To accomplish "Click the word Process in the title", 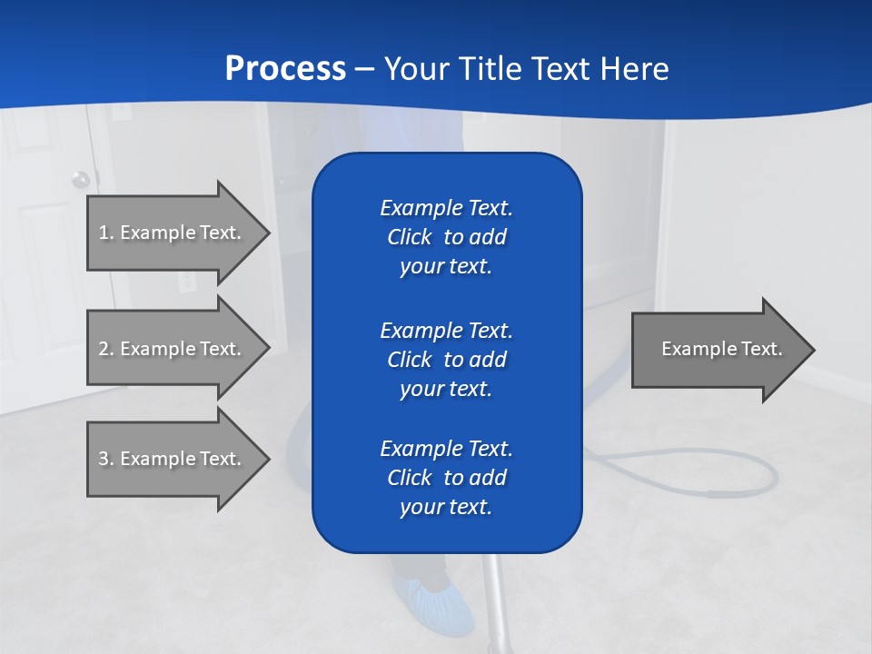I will tap(285, 69).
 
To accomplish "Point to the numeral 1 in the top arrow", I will tap(104, 233).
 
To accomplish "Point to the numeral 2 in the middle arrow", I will tap(104, 349).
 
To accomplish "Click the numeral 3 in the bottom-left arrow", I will tap(104, 459).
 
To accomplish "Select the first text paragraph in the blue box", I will tap(446, 237).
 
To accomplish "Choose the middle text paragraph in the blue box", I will tap(446, 360).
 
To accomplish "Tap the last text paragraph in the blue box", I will tap(446, 478).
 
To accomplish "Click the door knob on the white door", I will tap(81, 178).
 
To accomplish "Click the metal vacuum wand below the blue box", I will tap(492, 599).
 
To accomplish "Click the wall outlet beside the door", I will tap(187, 282).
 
